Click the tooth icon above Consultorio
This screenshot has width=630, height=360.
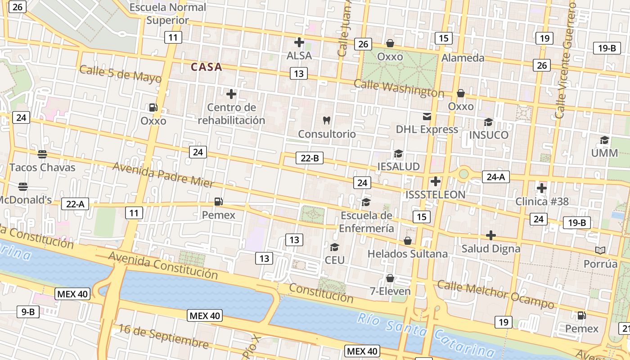pos(327,121)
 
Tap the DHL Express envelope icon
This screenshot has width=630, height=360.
pos(427,117)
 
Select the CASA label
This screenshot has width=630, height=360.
pos(207,67)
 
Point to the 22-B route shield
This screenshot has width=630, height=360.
pos(310,158)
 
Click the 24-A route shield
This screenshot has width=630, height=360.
pos(495,177)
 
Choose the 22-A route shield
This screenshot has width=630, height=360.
pos(75,204)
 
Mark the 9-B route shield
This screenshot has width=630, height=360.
pos(28,311)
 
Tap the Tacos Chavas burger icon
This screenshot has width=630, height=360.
pos(42,154)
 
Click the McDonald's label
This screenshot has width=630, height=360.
pos(26,200)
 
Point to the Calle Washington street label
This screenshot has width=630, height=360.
pos(399,88)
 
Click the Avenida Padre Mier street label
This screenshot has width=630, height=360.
pos(163,174)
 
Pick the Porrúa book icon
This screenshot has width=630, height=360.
pos(600,250)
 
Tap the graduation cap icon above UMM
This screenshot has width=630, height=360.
pos(604,140)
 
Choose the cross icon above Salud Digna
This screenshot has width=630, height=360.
pos(491,235)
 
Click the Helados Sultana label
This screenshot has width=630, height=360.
pos(408,254)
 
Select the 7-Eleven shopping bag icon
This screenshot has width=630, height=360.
pos(390,278)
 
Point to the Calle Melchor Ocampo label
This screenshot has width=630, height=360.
pos(495,294)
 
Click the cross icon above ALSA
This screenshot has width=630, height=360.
pos(299,42)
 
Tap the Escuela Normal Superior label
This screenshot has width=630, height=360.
pos(167,14)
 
